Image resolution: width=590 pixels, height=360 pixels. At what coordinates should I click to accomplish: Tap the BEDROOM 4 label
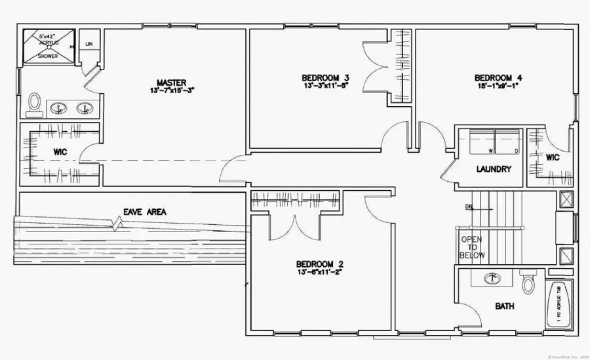[498, 78]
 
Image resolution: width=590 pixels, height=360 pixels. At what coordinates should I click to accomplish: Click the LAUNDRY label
[494, 169]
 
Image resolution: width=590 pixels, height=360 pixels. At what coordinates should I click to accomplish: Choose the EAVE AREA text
[145, 212]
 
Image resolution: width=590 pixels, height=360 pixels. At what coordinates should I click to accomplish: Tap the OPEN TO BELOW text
[472, 247]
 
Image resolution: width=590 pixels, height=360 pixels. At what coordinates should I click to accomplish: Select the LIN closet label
[88, 44]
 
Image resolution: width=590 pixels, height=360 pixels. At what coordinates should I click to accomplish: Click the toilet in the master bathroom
[35, 103]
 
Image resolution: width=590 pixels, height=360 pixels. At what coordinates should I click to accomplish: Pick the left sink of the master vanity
[60, 108]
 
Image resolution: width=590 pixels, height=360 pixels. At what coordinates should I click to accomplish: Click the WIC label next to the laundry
[552, 157]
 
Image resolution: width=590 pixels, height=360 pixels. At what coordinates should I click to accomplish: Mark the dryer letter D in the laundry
[517, 150]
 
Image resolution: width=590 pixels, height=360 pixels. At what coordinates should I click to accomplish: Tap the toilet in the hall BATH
[528, 283]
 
